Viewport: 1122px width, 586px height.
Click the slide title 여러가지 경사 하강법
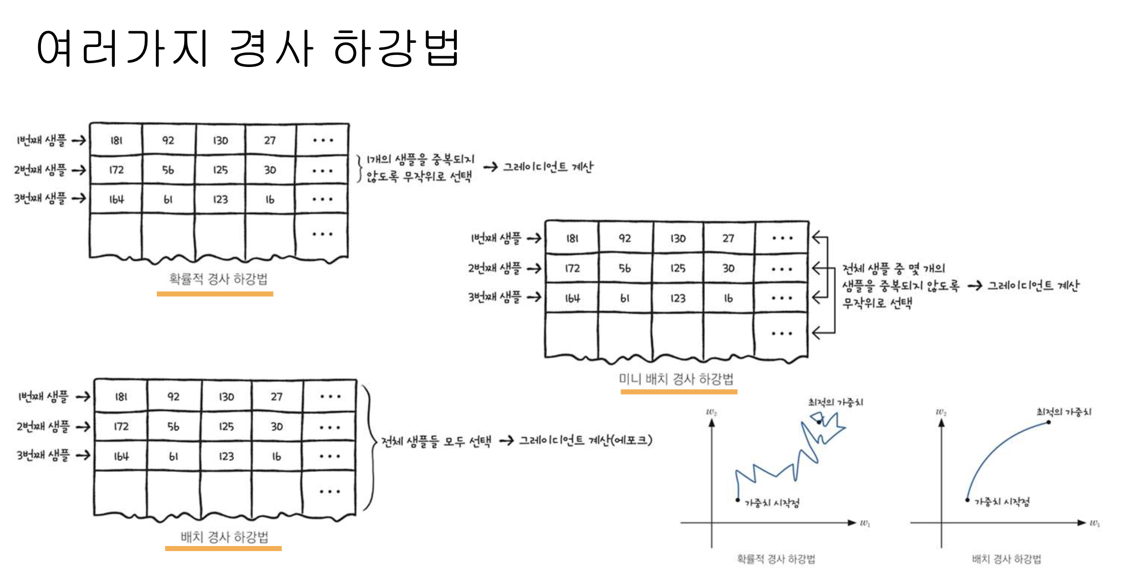tap(248, 48)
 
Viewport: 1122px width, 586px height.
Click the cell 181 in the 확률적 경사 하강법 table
tap(116, 140)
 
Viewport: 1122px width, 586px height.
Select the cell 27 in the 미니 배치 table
tap(728, 239)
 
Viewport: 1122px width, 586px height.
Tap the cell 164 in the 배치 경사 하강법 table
tap(121, 457)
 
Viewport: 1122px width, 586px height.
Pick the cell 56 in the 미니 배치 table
tap(625, 268)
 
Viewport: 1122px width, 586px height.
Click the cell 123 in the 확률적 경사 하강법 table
tap(220, 200)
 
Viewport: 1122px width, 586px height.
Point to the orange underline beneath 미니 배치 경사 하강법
tap(679, 392)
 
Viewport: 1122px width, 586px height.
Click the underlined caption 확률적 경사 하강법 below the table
tap(218, 279)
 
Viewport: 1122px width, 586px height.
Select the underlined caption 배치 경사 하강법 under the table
tap(224, 537)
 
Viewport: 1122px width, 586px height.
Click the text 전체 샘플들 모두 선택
tap(436, 441)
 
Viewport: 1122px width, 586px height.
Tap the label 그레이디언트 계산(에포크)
tap(585, 440)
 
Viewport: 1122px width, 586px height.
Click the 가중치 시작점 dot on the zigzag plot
tap(737, 500)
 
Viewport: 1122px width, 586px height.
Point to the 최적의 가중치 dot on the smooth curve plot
tap(1049, 422)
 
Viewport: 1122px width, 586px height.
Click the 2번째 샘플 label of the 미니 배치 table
tap(494, 268)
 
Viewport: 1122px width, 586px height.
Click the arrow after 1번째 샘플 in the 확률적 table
tap(79, 140)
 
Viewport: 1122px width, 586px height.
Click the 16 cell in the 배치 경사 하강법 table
tap(276, 457)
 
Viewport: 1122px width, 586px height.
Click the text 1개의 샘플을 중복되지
tap(420, 160)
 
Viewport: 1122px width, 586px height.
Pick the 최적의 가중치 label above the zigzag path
tap(835, 402)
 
